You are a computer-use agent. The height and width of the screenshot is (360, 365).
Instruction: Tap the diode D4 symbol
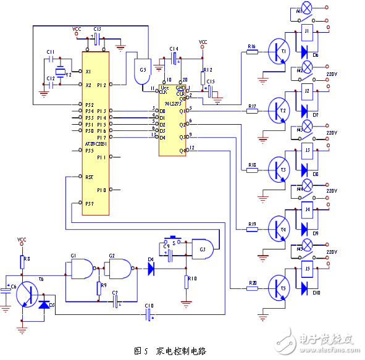(151, 269)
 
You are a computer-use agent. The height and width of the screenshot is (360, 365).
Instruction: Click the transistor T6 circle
(27, 295)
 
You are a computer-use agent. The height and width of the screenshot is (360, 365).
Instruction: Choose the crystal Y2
(61, 70)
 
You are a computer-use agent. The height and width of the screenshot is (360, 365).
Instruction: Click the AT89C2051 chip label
(94, 143)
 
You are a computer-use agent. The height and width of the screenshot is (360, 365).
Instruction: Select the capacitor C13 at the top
(98, 38)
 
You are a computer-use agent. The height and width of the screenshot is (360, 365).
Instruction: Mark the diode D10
(304, 288)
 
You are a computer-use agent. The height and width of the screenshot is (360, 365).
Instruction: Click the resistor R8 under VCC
(22, 261)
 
